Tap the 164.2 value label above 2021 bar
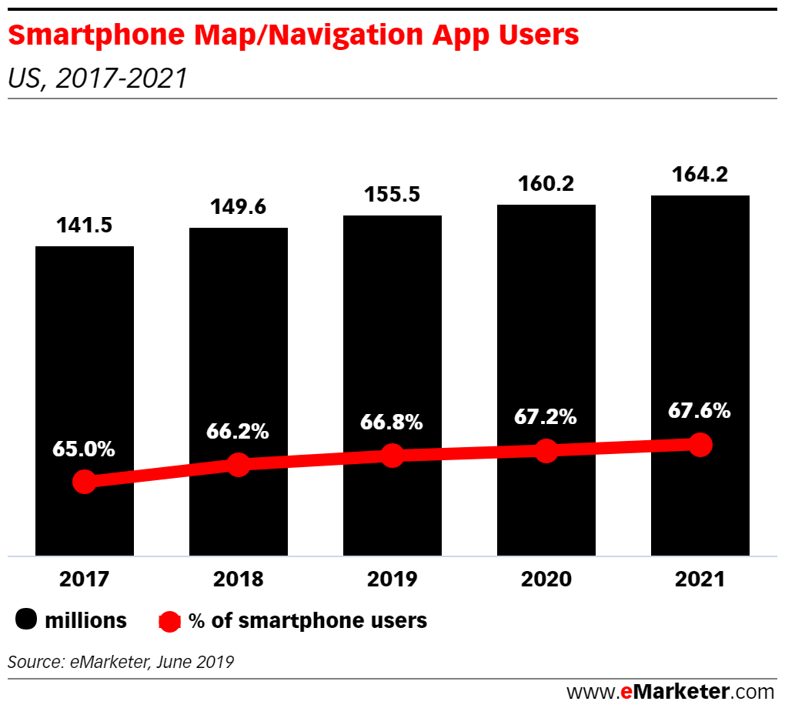(x=700, y=174)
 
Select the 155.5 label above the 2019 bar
(x=392, y=194)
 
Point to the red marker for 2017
(x=85, y=483)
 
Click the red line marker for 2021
(x=700, y=444)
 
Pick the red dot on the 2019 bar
(x=392, y=455)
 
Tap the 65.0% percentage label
(x=84, y=449)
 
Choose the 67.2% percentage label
(x=546, y=417)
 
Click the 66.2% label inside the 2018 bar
(x=238, y=431)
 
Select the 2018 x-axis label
(x=238, y=579)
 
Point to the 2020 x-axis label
(x=546, y=579)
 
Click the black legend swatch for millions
(x=26, y=620)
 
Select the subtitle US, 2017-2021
(x=97, y=78)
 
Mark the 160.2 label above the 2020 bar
(x=546, y=183)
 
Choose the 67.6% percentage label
(x=700, y=410)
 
